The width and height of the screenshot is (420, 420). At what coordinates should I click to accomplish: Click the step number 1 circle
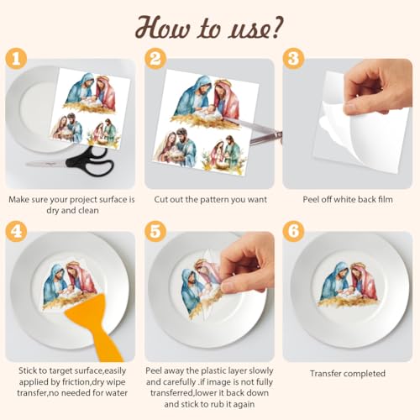pyautogui.click(x=17, y=60)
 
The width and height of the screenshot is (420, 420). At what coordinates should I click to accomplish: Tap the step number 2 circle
pyautogui.click(x=155, y=60)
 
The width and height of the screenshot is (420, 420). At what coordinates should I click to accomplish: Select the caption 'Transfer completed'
pyautogui.click(x=347, y=374)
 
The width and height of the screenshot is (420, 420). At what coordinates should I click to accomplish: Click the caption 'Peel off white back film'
pyautogui.click(x=347, y=200)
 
